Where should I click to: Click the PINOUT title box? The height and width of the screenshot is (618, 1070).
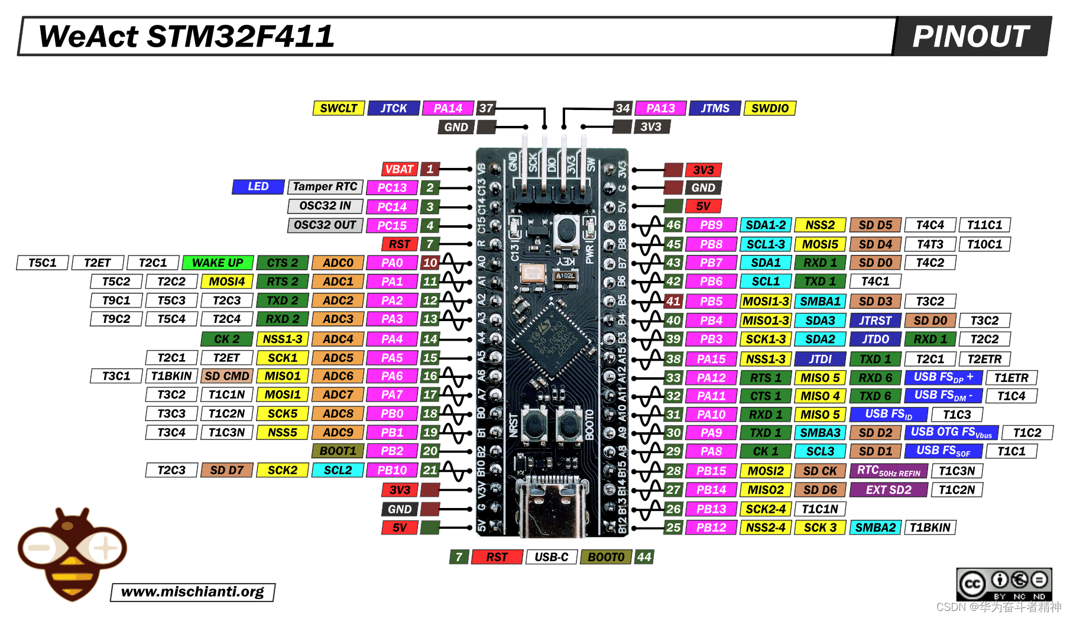[971, 36]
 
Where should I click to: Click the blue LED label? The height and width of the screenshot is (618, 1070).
[258, 186]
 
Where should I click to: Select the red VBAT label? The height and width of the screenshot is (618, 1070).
[400, 169]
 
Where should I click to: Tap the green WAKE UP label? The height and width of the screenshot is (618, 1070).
[218, 263]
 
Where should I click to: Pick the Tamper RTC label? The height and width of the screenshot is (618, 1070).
[325, 186]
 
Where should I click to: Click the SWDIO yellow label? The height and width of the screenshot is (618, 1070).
[770, 108]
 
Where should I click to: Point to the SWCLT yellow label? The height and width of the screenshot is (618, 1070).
[338, 108]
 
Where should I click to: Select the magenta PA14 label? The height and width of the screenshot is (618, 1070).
[448, 108]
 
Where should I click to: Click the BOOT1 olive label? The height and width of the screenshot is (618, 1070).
[338, 451]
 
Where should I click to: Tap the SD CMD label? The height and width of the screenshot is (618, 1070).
[227, 376]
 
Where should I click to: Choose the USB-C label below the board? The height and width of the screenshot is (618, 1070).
[551, 557]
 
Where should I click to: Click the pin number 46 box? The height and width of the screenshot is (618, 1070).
[673, 225]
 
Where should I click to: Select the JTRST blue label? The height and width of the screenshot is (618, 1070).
[875, 321]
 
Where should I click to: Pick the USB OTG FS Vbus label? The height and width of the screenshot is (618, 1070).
[951, 432]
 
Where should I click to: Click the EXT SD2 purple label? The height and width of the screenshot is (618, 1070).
[888, 490]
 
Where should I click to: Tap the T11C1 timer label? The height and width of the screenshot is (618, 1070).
[984, 225]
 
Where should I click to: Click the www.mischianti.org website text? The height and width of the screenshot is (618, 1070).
[193, 592]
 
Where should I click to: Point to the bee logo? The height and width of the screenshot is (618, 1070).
[72, 553]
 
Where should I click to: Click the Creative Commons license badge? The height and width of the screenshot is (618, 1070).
[1004, 584]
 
